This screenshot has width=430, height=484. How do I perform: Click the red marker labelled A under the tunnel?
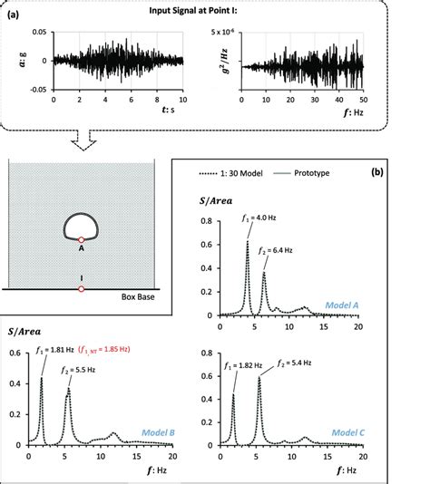click(82, 240)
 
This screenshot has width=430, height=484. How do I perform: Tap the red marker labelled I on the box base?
click(82, 288)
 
